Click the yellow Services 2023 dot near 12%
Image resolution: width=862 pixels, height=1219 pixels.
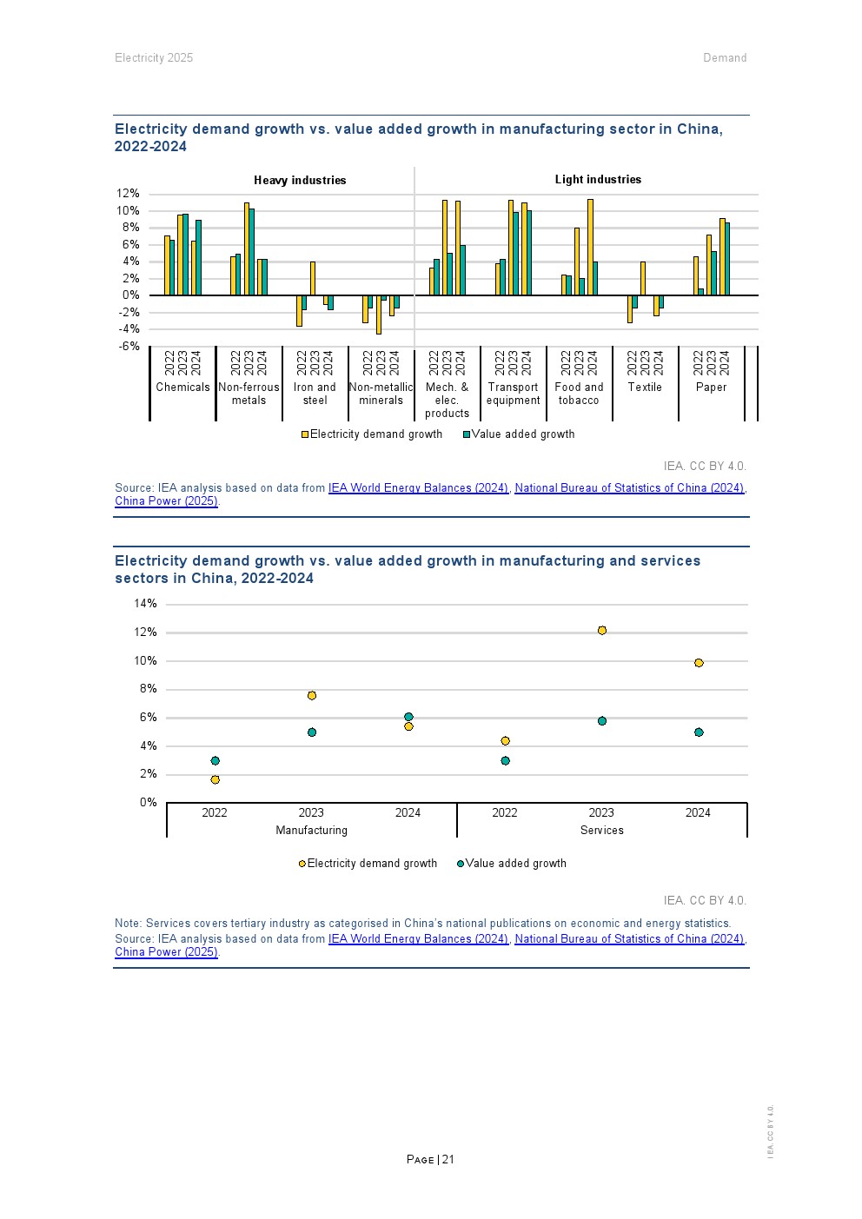(602, 631)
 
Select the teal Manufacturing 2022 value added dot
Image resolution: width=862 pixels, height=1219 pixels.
(215, 761)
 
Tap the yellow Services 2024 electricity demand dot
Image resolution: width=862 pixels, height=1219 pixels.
(699, 663)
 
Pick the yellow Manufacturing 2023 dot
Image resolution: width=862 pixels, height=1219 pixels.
(312, 696)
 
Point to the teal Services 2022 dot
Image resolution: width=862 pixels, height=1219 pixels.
(505, 761)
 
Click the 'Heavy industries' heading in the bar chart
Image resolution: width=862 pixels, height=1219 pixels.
(300, 181)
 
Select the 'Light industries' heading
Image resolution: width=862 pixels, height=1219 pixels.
(598, 180)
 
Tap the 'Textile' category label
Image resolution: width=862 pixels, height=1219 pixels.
(645, 388)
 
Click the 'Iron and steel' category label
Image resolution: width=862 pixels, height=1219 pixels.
(315, 394)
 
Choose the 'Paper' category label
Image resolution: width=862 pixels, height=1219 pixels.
(711, 388)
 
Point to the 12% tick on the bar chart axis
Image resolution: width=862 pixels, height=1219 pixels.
(128, 194)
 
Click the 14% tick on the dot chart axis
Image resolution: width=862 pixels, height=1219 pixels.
(145, 604)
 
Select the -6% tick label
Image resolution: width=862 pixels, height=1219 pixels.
(129, 346)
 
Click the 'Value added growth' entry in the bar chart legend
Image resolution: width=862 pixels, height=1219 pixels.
(522, 434)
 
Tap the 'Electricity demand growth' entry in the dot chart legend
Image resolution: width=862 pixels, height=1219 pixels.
(371, 864)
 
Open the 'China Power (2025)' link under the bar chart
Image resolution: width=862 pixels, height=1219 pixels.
(166, 501)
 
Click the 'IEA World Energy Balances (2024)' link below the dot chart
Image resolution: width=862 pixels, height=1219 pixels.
(418, 939)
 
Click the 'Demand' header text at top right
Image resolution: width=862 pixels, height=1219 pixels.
(725, 58)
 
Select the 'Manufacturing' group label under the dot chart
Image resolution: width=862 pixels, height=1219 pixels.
(311, 831)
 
